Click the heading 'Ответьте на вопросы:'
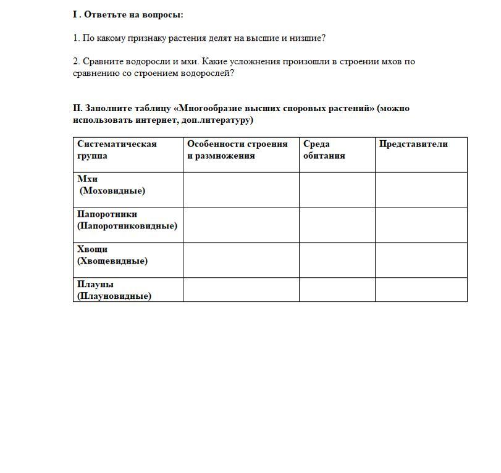tap(133, 14)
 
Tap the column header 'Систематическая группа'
tap(117, 149)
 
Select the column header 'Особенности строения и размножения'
tap(237, 149)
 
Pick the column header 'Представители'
tap(413, 144)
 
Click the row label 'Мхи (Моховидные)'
tap(111, 185)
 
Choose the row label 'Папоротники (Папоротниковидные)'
tap(127, 220)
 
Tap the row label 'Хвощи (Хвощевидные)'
tap(112, 255)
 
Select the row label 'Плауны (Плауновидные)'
tap(114, 290)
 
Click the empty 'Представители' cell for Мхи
tap(421, 190)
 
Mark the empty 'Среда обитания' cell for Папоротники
tap(337, 225)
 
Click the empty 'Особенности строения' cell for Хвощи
tap(241, 260)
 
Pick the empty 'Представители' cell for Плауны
tap(421, 290)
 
